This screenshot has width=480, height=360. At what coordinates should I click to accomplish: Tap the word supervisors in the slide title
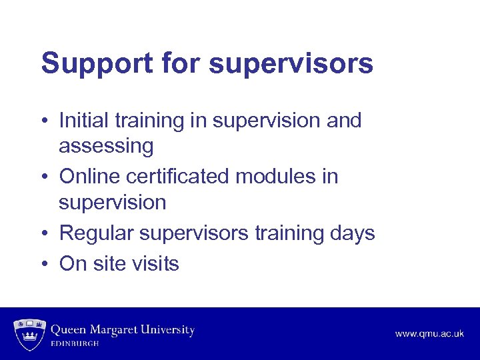[x=291, y=64]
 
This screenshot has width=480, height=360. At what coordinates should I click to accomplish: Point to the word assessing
[x=106, y=146]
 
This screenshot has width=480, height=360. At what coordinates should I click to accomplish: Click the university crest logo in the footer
[x=29, y=334]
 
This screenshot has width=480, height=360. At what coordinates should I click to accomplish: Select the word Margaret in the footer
[x=115, y=330]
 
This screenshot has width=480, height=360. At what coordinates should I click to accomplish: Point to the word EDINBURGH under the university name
[x=75, y=343]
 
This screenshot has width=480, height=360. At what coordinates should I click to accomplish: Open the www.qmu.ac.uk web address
[x=429, y=333]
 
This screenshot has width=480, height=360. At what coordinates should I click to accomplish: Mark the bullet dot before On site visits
[x=44, y=264]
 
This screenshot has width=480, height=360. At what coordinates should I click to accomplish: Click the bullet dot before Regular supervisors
[x=44, y=234]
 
